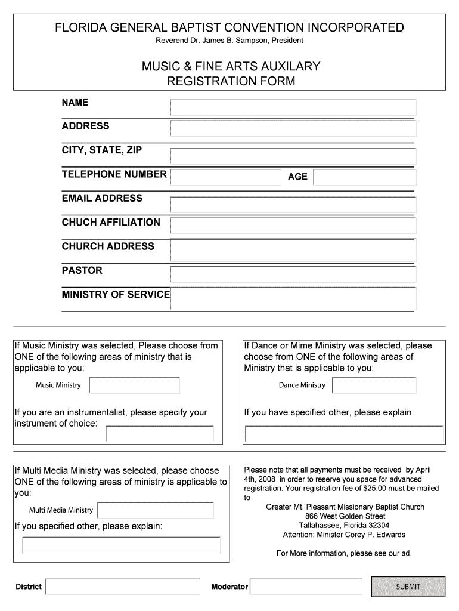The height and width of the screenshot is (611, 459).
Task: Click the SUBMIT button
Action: coord(408,587)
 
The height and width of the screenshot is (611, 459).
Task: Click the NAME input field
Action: coord(293,108)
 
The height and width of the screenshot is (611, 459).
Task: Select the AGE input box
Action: coord(364,177)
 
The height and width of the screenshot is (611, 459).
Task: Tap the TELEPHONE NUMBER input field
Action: coord(225,177)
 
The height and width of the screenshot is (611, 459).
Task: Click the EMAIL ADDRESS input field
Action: coord(293,204)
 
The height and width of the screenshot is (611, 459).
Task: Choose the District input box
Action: coord(123,587)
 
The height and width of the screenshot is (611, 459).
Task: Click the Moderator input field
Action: coord(305,587)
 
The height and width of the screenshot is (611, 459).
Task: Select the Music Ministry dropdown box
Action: coord(134,385)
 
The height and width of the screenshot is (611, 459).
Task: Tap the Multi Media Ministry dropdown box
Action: coord(156,510)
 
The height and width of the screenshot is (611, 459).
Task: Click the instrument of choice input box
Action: coord(159,434)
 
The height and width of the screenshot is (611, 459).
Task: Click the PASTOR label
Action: coord(82,270)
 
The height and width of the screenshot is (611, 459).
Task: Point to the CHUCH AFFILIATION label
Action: coord(111,223)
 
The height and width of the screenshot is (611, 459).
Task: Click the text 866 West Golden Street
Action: coord(345,516)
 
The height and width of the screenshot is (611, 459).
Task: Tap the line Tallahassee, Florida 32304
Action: coord(345,526)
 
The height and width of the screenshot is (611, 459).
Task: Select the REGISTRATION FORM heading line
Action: coord(230,81)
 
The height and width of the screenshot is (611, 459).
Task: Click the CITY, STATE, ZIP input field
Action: coord(293,156)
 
